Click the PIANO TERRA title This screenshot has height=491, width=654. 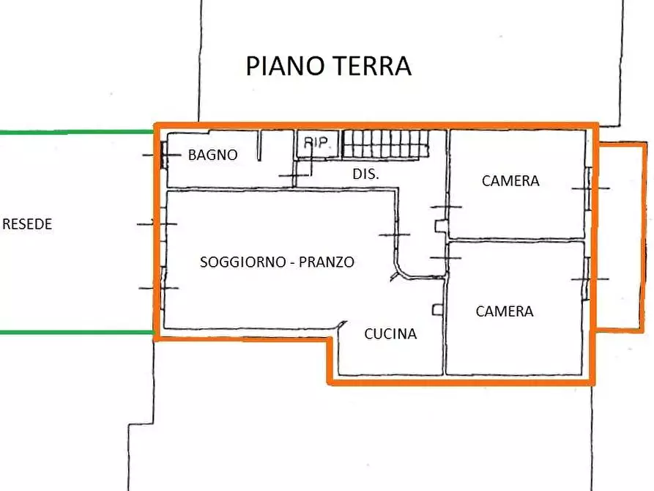click(328, 66)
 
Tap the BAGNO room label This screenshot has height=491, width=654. click(212, 155)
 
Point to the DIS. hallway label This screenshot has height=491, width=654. click(365, 174)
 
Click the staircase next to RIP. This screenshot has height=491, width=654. click(384, 144)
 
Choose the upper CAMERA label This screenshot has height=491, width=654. click(510, 180)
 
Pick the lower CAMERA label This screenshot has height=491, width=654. click(505, 311)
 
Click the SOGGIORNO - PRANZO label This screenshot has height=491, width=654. click(277, 262)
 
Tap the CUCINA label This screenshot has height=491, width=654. click(390, 334)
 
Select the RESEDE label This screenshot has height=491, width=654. click(27, 224)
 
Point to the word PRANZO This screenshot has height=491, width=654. click(327, 262)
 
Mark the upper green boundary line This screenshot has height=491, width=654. click(73, 132)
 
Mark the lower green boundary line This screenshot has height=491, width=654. click(73, 332)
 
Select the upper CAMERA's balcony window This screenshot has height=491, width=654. click(587, 188)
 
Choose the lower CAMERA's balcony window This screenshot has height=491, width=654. click(587, 279)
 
